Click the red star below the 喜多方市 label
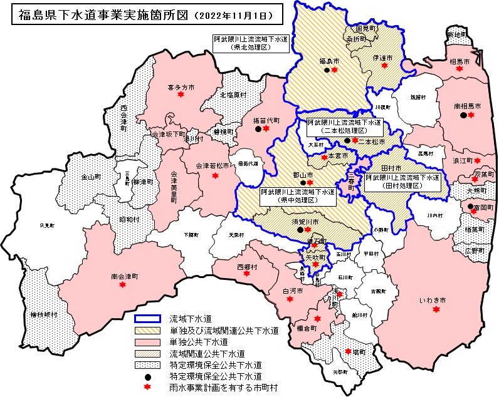point(181,95)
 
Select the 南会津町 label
point(124,276)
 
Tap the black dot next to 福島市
point(326,70)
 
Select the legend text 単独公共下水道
point(198,343)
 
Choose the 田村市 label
point(392,168)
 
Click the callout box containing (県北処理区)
point(249,43)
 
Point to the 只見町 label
point(47,224)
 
